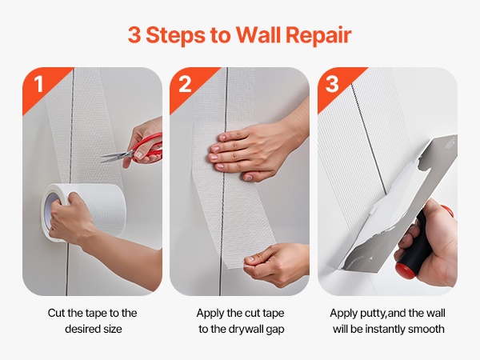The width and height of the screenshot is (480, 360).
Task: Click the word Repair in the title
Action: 318,35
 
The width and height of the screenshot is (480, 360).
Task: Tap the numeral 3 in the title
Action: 134,34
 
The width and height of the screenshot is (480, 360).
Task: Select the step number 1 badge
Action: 38,84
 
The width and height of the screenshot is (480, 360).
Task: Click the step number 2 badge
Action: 185,84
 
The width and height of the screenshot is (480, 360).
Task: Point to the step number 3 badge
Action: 332,84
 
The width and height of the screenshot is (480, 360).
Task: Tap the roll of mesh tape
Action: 84,211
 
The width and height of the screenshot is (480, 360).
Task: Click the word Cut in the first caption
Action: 56,313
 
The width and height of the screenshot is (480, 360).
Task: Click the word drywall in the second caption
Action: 246,330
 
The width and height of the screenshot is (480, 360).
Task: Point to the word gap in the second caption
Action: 275,330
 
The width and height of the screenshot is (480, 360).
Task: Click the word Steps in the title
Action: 175,35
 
